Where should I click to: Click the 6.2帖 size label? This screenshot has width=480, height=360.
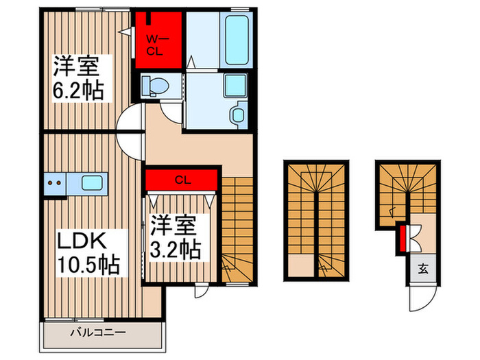[x=80, y=91]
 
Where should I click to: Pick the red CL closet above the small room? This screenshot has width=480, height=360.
[x=182, y=181]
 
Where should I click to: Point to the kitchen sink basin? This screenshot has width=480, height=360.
[x=92, y=183]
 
